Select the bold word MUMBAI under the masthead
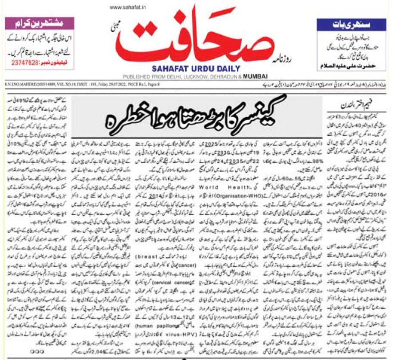[259, 76]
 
